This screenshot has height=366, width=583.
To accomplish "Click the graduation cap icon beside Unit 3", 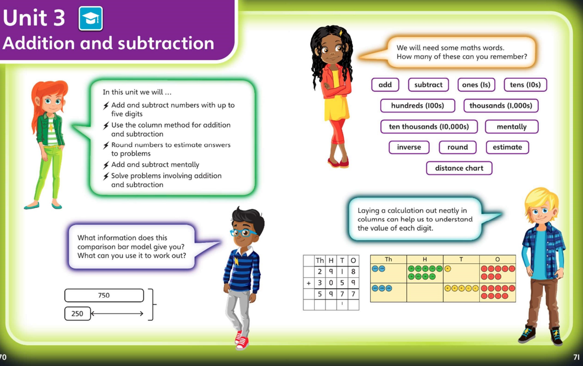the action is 91,18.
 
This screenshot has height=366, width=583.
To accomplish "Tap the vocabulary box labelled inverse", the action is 409,147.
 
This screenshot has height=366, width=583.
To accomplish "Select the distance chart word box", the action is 459,168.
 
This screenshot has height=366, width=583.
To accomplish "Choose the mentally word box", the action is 512,127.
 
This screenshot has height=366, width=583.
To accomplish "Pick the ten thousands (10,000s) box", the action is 429,127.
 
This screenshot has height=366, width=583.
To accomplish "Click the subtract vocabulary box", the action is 428,85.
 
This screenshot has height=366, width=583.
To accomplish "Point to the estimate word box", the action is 507,147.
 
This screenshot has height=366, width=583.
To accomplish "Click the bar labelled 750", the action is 104,295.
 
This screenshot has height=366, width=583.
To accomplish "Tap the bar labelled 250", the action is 78,313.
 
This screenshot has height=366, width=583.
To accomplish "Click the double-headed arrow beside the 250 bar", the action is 117,313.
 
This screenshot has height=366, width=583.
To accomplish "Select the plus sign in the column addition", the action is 308,283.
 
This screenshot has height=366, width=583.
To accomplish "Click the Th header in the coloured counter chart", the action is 388,259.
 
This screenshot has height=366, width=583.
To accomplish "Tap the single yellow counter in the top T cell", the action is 448,269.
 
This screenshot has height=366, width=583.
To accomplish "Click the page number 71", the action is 577,357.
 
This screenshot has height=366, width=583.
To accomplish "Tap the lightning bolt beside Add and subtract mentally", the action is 106,165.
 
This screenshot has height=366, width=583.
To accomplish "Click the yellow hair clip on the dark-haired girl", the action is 340,33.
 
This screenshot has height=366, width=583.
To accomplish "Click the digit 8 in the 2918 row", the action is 353,272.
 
